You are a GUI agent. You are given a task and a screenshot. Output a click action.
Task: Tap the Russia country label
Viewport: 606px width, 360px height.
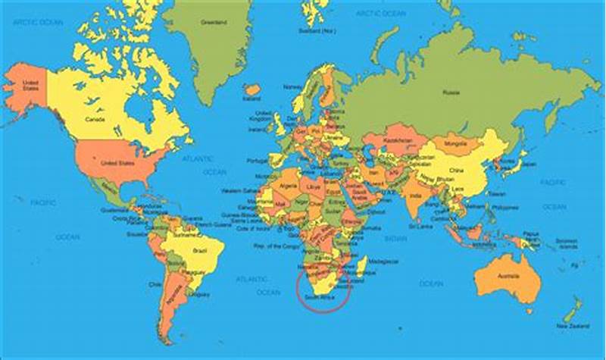(x=450, y=92)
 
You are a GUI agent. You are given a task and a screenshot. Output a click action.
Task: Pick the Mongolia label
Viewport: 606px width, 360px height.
(x=454, y=142)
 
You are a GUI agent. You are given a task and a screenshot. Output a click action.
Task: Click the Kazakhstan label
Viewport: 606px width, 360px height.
(x=397, y=142)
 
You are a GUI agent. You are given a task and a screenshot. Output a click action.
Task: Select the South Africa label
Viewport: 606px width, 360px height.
(x=319, y=299)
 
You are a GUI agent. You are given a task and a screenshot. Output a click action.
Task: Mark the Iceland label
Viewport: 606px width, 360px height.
(x=251, y=99)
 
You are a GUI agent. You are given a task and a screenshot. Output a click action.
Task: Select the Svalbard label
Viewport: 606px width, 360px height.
(x=317, y=31)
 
